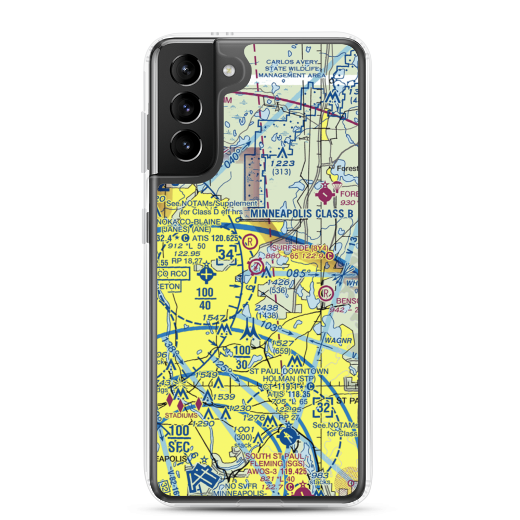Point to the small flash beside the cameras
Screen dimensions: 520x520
[227, 71]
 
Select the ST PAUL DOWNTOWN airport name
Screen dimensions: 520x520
[289, 371]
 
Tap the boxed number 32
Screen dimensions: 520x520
[323, 407]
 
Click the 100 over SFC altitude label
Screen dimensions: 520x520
[179, 437]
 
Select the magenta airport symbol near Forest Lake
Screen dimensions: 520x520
[326, 194]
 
